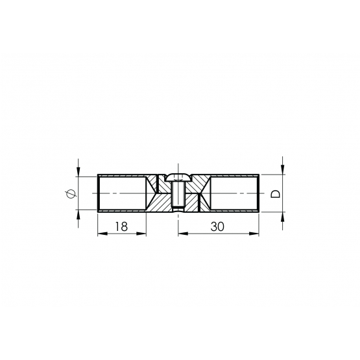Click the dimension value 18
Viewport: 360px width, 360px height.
coord(121,226)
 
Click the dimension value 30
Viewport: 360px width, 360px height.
coord(217,226)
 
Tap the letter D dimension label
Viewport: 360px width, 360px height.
coord(276,194)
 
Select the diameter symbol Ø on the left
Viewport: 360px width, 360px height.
coord(71,193)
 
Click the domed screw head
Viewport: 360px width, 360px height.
coord(178,177)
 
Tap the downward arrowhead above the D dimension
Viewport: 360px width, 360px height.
coord(282,169)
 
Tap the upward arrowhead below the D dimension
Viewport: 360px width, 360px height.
coord(282,217)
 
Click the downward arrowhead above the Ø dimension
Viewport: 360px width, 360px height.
coord(78,172)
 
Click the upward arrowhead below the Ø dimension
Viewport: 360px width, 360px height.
coord(78,215)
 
